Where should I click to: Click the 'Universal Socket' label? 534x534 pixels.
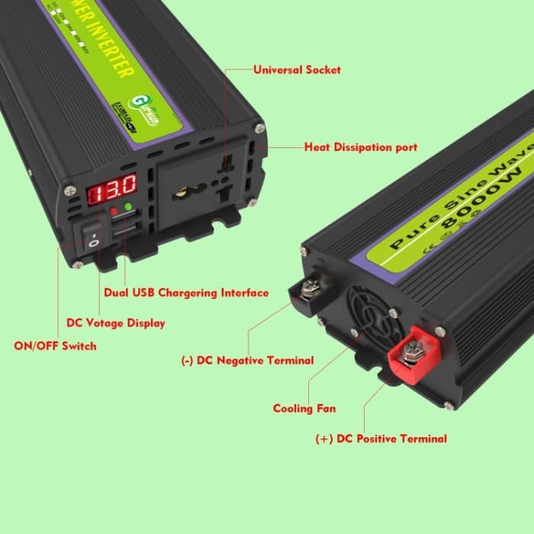coord(297,69)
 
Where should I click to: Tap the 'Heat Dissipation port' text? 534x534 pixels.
coord(361,146)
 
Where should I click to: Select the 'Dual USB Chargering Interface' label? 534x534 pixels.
coord(185,292)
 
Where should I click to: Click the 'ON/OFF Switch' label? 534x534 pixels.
coord(56,346)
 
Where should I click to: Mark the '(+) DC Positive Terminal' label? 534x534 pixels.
coord(381,439)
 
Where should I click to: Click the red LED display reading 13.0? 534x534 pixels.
coord(112,186)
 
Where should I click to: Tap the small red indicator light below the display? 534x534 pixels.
coord(114,210)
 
